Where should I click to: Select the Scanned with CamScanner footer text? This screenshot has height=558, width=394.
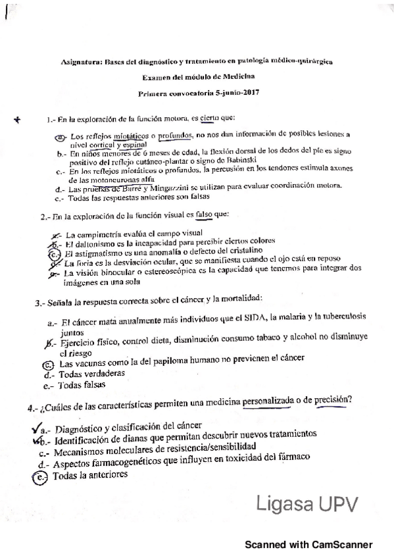[308, 545]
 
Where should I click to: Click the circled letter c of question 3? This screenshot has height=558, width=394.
[47, 363]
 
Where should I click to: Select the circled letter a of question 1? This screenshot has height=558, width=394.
[59, 136]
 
